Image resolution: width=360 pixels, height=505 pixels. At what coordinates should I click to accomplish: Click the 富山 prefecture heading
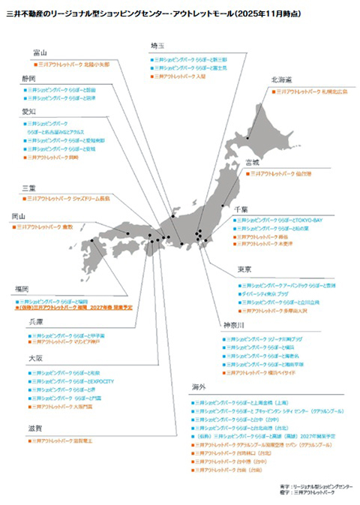click(39, 53)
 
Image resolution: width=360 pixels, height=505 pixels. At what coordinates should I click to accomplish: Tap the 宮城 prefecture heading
click(251, 161)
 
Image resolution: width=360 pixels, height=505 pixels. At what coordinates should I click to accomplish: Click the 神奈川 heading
click(229, 325)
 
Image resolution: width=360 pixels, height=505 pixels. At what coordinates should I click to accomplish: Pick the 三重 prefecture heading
click(28, 188)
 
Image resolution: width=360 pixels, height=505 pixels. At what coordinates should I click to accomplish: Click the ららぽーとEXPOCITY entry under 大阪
click(74, 382)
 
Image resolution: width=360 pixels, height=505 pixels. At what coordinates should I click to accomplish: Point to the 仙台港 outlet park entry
click(282, 173)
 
